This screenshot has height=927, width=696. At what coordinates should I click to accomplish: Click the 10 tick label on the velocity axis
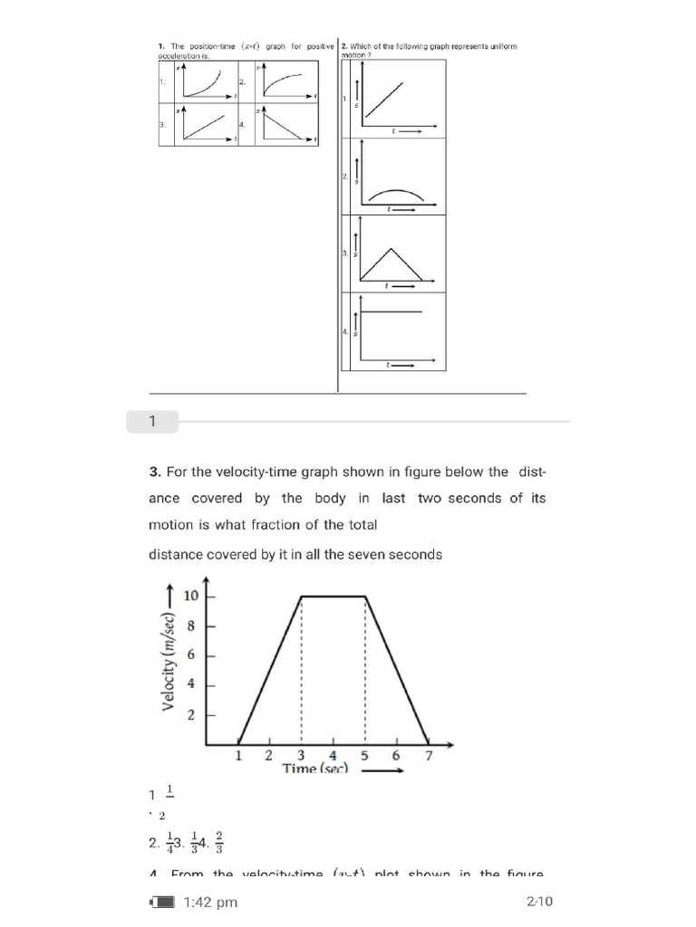[190, 596]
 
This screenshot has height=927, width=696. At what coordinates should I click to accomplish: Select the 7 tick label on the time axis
[428, 756]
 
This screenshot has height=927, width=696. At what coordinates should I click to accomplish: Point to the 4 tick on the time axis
[333, 756]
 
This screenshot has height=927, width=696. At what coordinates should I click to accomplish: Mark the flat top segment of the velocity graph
[333, 596]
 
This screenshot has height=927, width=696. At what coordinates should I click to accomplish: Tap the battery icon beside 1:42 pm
[162, 902]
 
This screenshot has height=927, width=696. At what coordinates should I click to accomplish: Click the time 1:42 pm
[210, 902]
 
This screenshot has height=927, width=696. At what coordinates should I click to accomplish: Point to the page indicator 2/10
[539, 902]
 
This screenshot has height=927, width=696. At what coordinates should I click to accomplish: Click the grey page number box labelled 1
[153, 421]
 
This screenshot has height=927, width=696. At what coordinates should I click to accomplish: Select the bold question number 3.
[155, 472]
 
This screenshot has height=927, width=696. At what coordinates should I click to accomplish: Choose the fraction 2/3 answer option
[219, 843]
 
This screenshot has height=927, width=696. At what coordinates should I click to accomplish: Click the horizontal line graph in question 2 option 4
[391, 312]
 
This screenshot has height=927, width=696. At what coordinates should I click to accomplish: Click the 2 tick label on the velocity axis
[190, 715]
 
